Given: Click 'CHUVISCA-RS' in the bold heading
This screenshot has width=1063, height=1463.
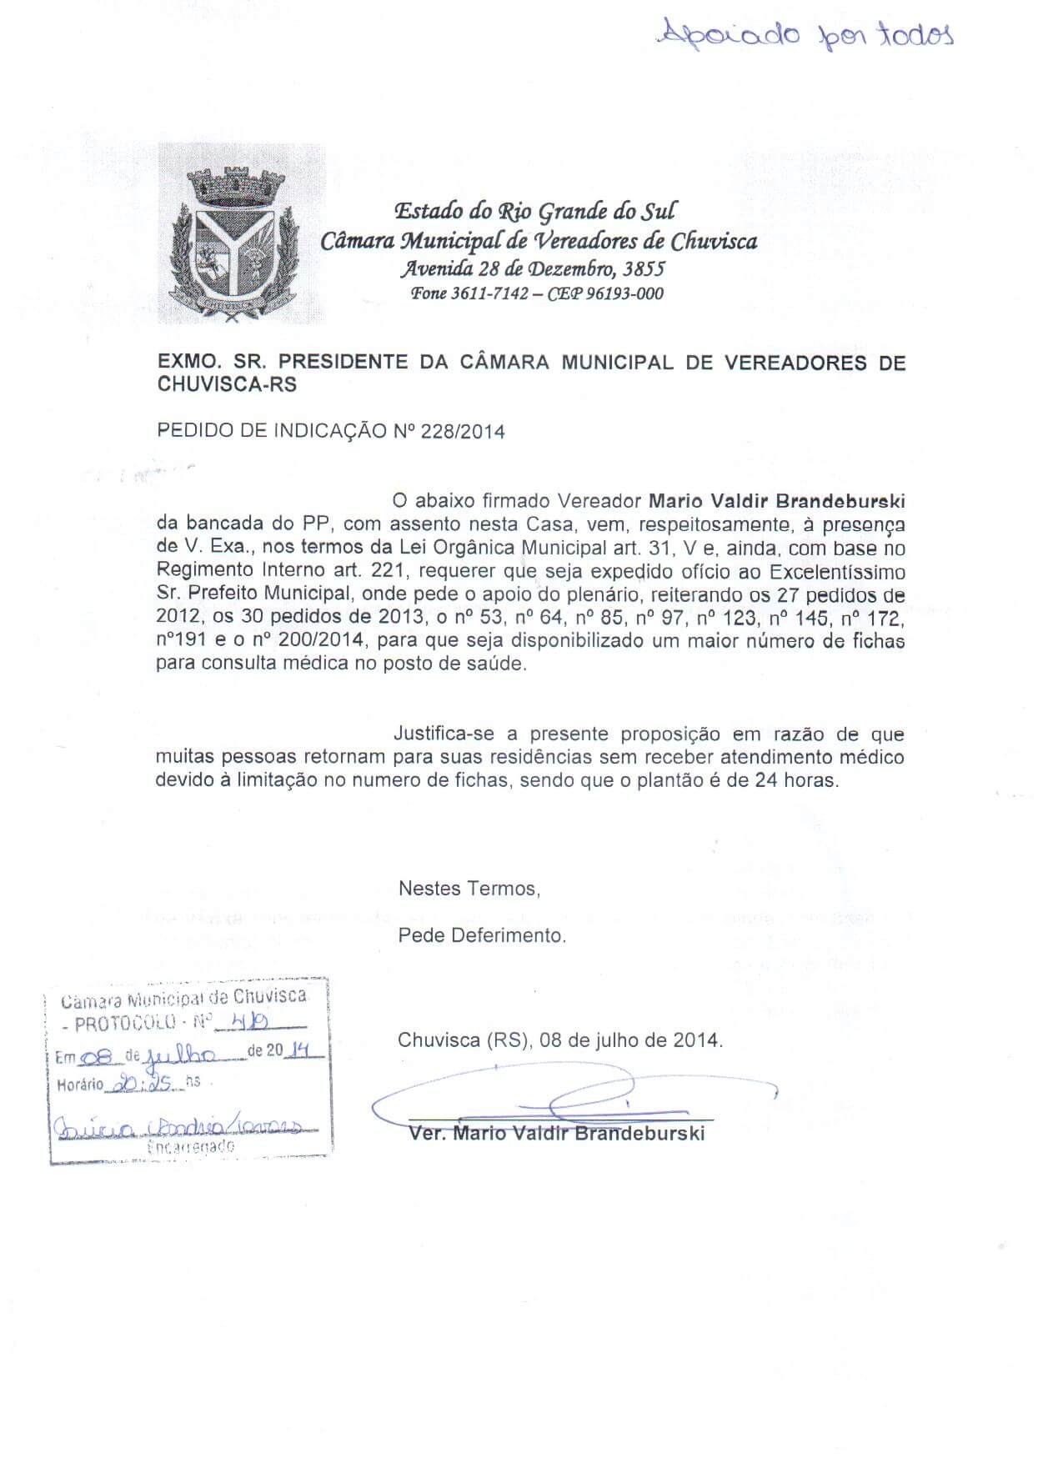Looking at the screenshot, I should pos(227,385).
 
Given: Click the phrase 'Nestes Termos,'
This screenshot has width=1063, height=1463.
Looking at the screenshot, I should pos(469,889).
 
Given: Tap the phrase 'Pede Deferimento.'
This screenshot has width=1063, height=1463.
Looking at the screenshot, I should pos(482,935).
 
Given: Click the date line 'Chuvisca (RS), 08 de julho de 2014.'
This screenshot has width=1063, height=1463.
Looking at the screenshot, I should pos(560,1040).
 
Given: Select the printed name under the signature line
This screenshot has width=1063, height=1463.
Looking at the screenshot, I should pos(557,1134).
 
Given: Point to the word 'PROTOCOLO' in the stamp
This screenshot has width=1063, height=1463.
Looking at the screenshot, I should pos(125,1023).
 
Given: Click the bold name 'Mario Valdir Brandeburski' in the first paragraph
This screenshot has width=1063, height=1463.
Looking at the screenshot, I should pos(776,502).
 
